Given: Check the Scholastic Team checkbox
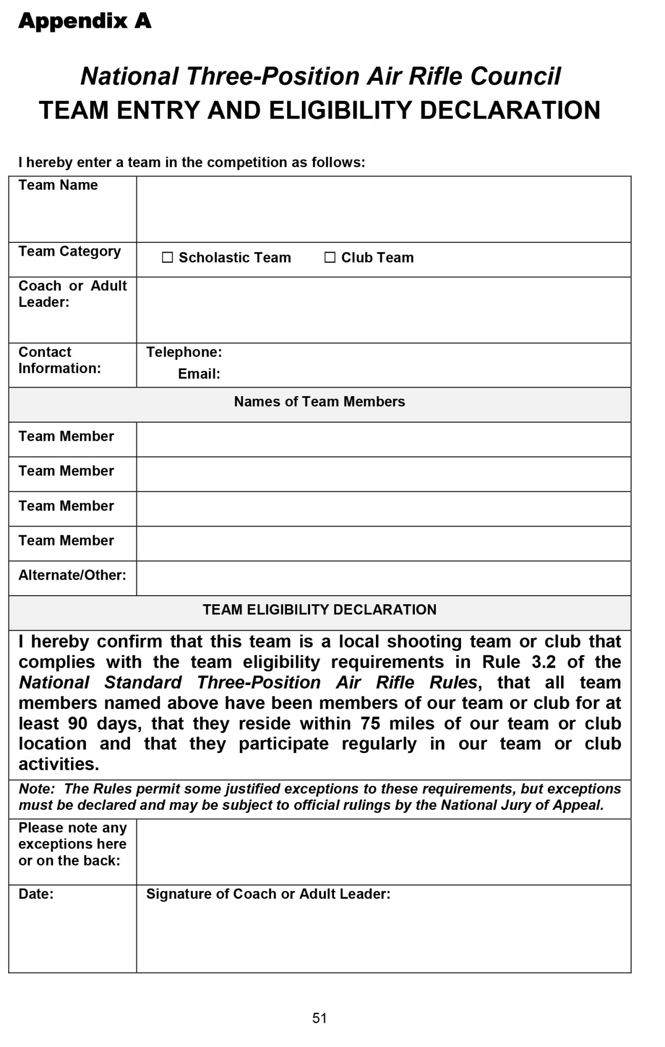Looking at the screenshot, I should (x=167, y=258).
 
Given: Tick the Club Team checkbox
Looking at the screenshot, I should (x=330, y=258).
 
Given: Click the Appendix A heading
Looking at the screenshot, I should (x=85, y=21).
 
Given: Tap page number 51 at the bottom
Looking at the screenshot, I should (x=319, y=1018).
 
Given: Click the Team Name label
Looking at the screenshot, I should (x=58, y=185).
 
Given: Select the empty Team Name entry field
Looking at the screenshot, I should (x=383, y=210).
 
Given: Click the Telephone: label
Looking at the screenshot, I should (x=184, y=352).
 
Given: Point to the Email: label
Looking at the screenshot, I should (x=199, y=374).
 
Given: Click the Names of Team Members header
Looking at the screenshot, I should (x=319, y=402).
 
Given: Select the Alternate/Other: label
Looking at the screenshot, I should (x=72, y=575).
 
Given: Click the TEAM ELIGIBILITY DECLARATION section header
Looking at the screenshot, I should (x=319, y=610).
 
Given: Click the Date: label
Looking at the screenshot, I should (x=36, y=894).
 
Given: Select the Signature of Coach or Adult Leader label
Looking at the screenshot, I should (x=268, y=894).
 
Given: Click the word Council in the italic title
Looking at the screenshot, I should (x=515, y=76).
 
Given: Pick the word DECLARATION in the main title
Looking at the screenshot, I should (x=510, y=110).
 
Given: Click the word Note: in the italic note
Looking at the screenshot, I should (x=36, y=789).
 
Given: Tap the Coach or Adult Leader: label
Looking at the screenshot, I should (x=72, y=294).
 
